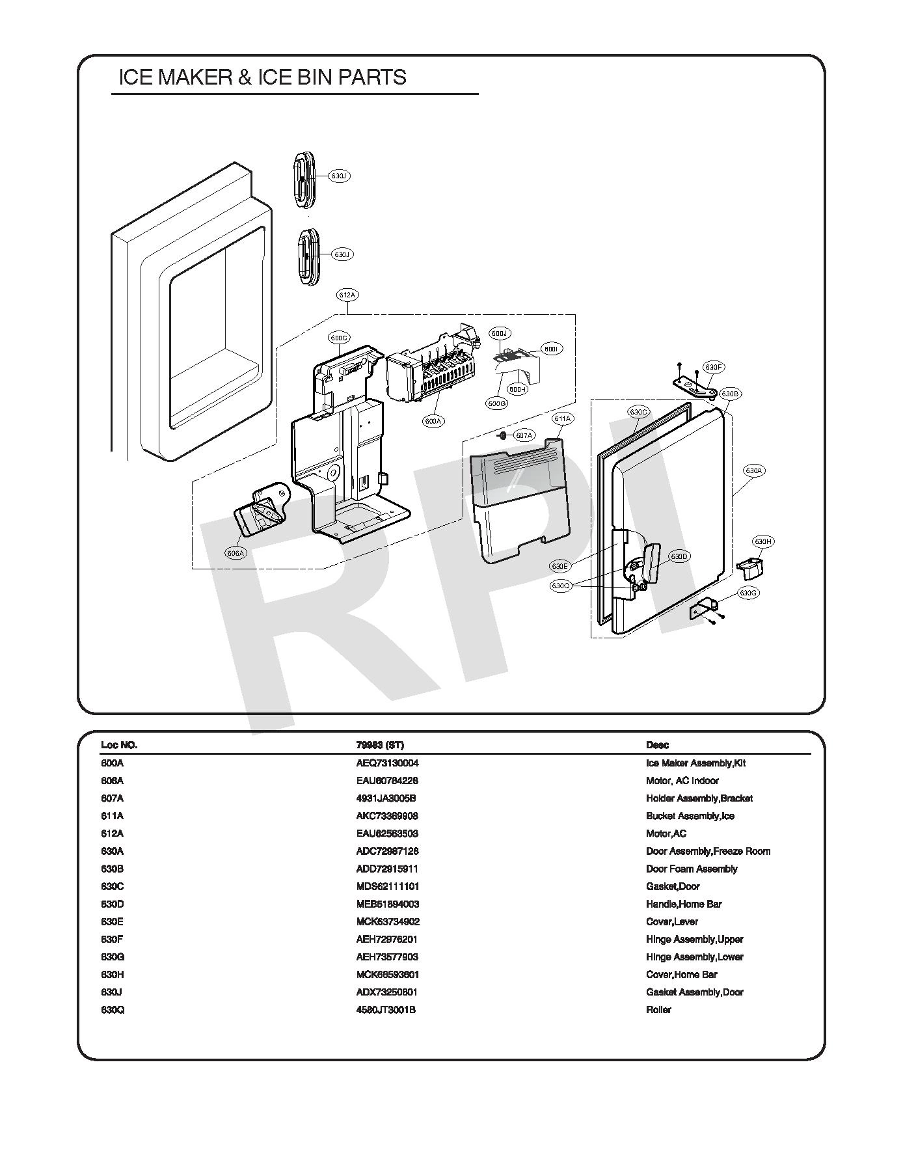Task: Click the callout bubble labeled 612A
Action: tap(347, 295)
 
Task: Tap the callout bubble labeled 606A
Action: tap(235, 553)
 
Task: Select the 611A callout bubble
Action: tap(562, 419)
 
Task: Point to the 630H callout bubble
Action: tap(763, 541)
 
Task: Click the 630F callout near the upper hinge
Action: tap(714, 367)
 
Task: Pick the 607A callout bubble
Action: tap(524, 435)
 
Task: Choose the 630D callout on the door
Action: tap(679, 556)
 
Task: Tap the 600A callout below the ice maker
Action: tap(433, 421)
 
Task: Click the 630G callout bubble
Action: tap(748, 593)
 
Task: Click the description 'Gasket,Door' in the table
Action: tap(673, 886)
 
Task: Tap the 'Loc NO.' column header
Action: tap(119, 745)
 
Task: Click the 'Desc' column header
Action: tap(657, 745)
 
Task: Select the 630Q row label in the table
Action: tap(113, 1009)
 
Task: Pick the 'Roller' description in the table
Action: tap(658, 1009)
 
